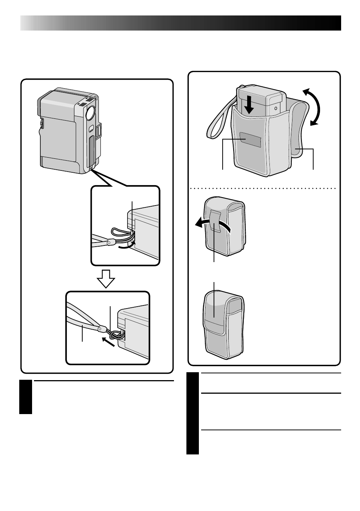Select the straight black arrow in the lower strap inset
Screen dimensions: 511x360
[x=108, y=342]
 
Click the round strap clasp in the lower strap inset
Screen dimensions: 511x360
[x=100, y=329]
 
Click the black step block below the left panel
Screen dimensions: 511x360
[x=26, y=397]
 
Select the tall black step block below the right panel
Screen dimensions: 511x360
[x=192, y=413]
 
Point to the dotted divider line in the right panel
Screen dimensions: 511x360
[x=264, y=188]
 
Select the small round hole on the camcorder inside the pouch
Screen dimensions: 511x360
[x=276, y=108]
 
